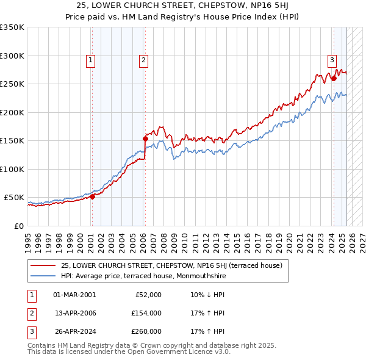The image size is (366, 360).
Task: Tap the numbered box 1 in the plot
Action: (x=90, y=60)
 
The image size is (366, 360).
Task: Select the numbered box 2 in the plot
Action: (x=143, y=60)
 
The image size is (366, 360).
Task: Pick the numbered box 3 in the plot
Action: (x=332, y=60)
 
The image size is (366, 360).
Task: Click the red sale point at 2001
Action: (x=92, y=196)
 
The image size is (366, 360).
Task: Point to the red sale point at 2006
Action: (x=145, y=139)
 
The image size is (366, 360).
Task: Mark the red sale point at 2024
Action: (x=334, y=78)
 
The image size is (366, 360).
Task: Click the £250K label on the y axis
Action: (x=12, y=84)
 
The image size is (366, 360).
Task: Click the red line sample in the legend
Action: (x=43, y=265)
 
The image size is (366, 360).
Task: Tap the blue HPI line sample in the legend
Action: (x=43, y=276)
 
